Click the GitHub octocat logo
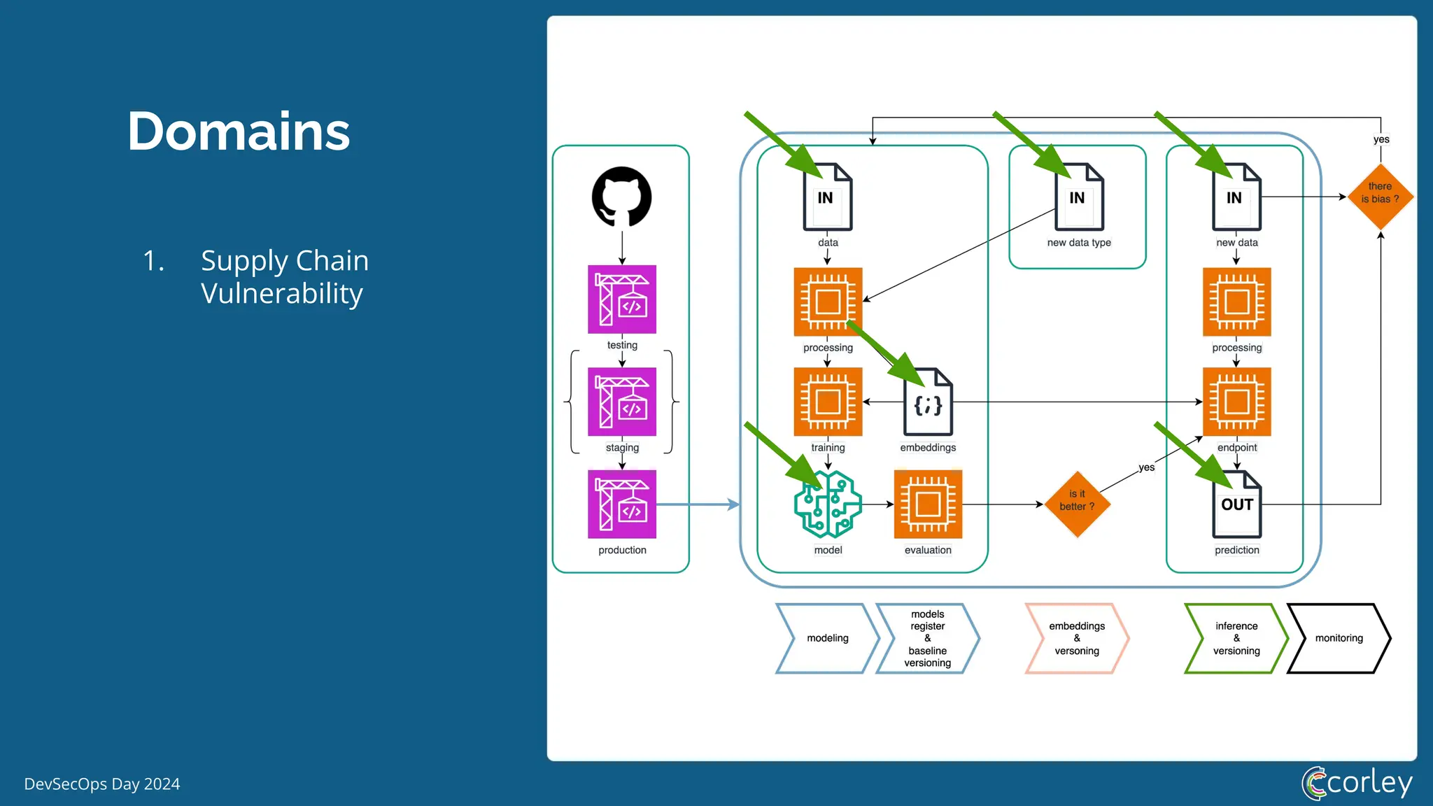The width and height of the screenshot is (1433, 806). click(621, 197)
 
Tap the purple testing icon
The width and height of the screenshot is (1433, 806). click(621, 299)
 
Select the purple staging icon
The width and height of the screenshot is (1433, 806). click(621, 402)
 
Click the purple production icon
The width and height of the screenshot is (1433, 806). click(621, 504)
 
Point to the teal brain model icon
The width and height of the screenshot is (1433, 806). click(828, 504)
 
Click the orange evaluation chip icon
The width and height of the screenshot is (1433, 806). click(928, 504)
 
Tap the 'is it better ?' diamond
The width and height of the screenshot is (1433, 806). click(1077, 504)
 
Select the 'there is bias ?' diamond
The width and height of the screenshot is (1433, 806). click(1380, 197)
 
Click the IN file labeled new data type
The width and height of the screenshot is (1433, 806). click(1079, 198)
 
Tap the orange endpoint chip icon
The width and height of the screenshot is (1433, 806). click(1236, 402)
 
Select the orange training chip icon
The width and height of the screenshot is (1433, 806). click(828, 402)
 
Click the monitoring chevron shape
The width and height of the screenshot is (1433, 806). click(1339, 638)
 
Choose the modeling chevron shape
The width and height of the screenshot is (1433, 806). click(827, 638)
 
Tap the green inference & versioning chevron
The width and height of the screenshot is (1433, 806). click(1236, 638)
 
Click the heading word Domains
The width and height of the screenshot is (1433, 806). click(239, 132)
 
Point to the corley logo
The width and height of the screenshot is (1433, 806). click(1357, 783)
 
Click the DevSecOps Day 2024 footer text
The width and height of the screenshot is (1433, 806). click(102, 784)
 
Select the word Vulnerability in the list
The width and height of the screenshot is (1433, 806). click(281, 293)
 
